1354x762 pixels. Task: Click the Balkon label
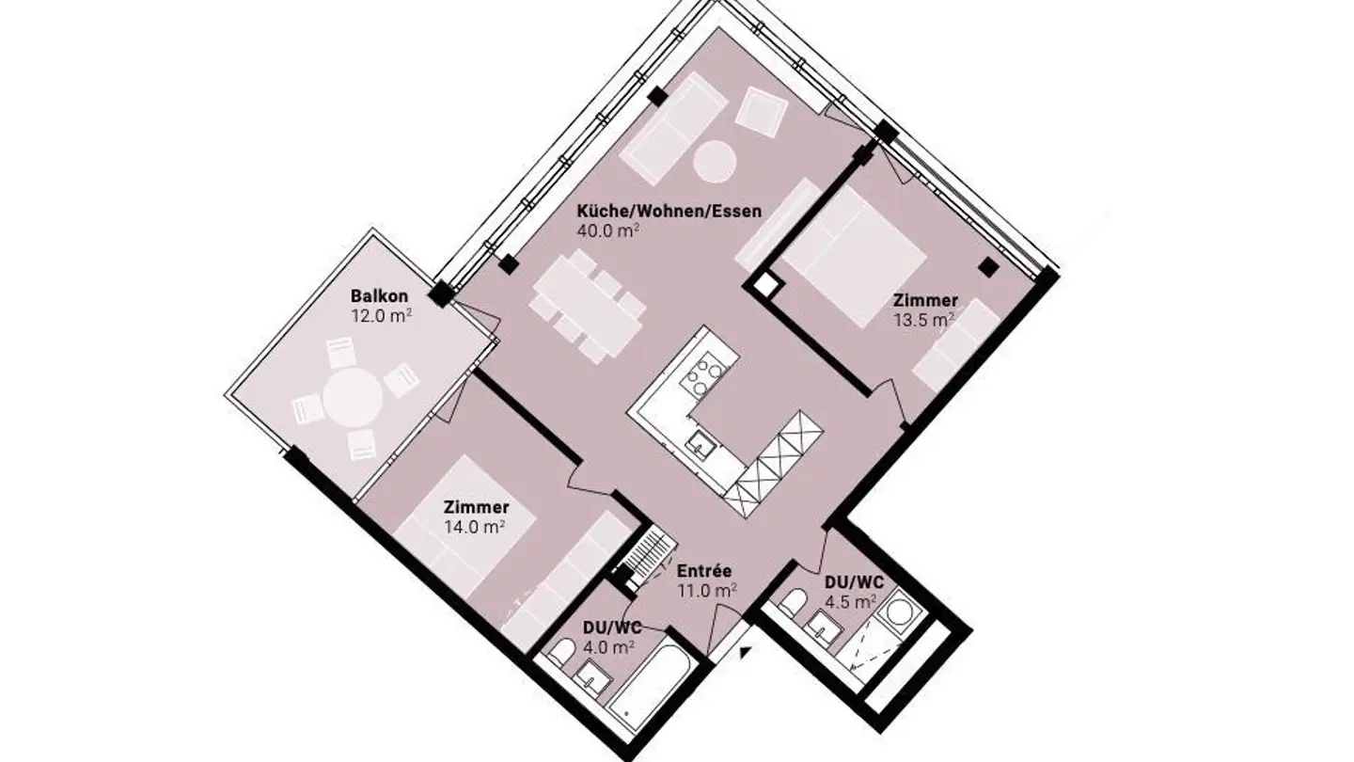[x=380, y=296]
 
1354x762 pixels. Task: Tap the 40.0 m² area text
[x=608, y=231]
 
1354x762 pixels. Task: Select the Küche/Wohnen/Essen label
[x=669, y=212]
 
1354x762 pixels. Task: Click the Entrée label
[x=704, y=571]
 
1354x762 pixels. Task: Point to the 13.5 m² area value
[x=924, y=319]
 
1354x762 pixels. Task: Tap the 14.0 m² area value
[x=475, y=527]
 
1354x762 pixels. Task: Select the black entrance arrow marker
[x=746, y=651]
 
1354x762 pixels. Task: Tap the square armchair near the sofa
[x=762, y=114]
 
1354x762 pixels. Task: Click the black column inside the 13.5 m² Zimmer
[x=989, y=266]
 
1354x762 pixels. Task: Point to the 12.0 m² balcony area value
[x=382, y=315]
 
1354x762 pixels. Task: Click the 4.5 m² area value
[x=850, y=601]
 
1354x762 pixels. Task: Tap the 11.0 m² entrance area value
[x=707, y=590]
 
